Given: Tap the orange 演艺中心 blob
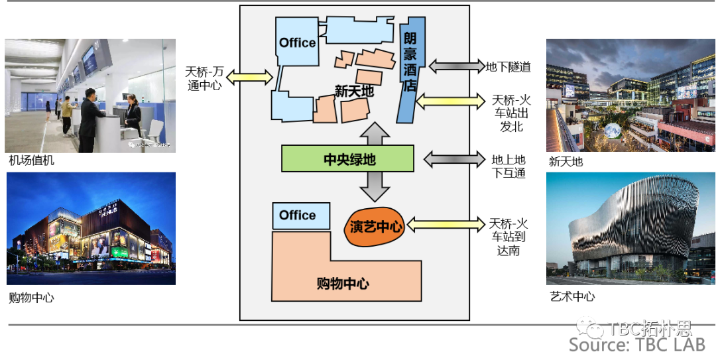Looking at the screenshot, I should tap(375, 227).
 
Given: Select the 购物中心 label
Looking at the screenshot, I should tap(343, 284).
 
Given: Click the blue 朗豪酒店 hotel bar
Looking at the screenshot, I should tap(408, 73).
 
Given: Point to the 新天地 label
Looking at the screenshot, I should tap(354, 91).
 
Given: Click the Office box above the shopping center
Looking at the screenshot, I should tap(297, 215).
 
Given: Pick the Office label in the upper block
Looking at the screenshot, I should tap(297, 42).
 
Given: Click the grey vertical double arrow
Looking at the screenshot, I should tap(375, 161).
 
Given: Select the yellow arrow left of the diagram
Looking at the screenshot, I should tap(250, 78).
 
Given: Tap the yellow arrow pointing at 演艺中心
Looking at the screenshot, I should tap(445, 225).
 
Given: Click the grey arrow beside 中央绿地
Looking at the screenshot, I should tap(453, 159).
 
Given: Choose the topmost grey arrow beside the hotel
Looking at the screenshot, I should tap(456, 66).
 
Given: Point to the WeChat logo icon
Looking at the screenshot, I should tap(589, 327).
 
